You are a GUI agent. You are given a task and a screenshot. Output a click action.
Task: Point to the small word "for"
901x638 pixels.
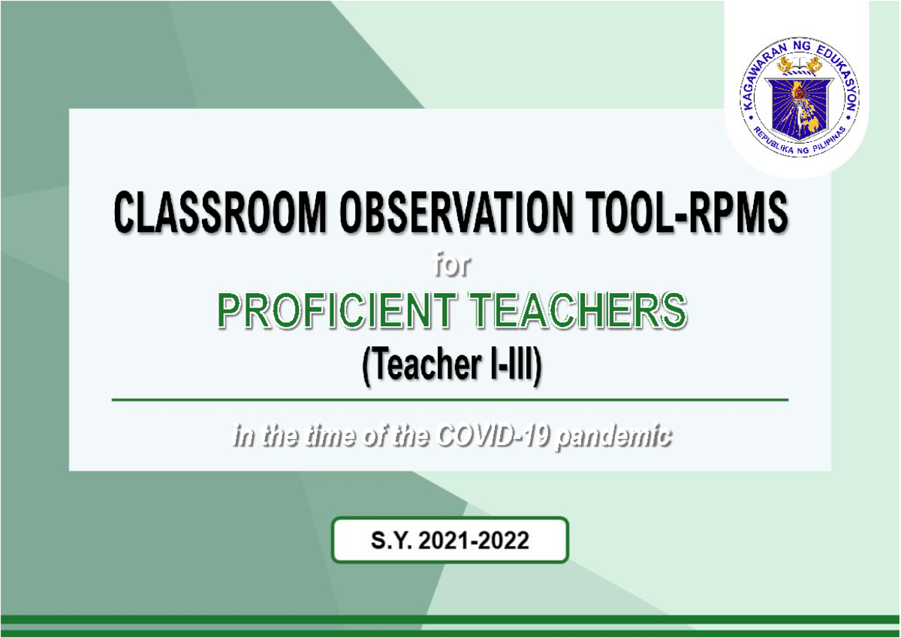pos(449,265)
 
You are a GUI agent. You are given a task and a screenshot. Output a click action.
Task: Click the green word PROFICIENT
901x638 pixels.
pos(339,312)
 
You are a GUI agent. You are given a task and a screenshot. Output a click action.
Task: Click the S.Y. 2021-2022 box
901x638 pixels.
pos(450,540)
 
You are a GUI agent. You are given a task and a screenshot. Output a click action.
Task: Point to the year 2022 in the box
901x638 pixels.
pos(502,540)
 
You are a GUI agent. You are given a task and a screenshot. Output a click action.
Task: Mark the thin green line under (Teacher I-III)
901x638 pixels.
pos(450,401)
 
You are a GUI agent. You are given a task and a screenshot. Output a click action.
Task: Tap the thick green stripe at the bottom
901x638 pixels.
pos(450,620)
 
